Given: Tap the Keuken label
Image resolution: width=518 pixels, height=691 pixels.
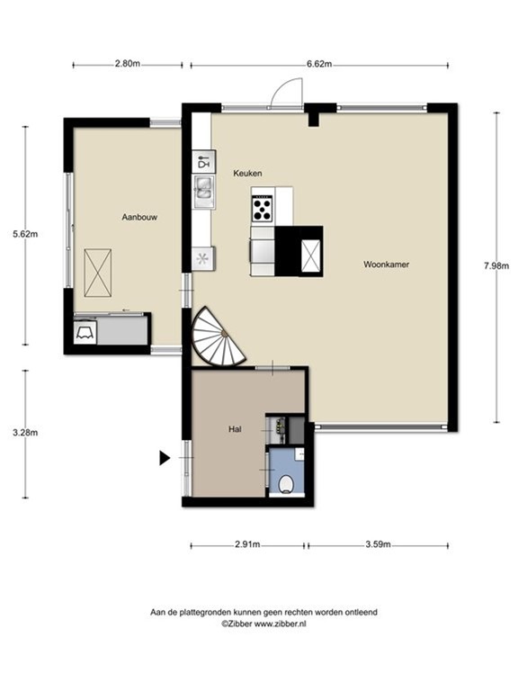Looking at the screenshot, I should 247,173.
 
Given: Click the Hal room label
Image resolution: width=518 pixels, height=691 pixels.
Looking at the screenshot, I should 235,430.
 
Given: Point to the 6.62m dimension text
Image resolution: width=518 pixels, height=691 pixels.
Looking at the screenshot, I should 319,64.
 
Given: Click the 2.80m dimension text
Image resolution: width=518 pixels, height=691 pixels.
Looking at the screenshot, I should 128,64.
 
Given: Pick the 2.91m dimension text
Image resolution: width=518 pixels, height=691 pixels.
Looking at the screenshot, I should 247,544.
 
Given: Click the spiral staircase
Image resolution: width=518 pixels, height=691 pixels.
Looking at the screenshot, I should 216,338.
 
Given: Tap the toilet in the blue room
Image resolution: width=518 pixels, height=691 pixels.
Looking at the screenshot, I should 287,484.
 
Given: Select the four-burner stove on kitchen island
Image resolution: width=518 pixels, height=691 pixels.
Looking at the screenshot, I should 263,209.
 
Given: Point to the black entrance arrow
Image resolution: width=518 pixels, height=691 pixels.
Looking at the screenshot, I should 165,458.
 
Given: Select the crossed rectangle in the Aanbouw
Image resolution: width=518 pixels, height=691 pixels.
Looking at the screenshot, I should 97,270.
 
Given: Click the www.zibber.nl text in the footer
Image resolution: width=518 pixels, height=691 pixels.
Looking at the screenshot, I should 278,623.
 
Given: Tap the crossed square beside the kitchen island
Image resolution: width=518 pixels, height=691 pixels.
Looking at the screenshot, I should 310,256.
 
